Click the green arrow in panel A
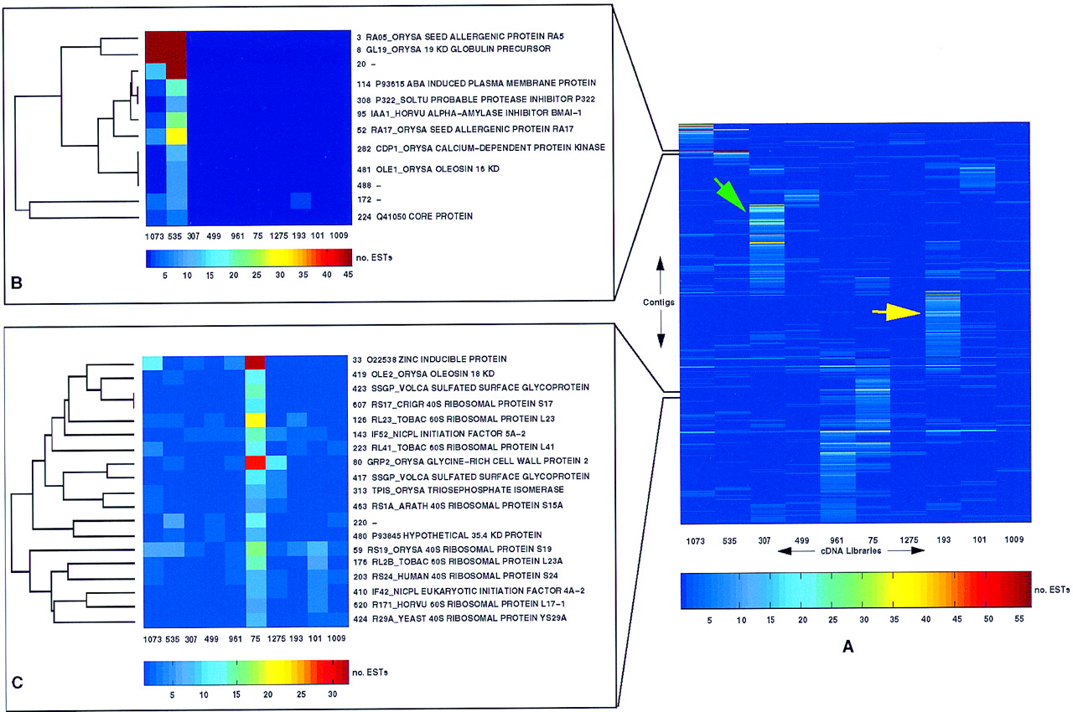[x=729, y=194]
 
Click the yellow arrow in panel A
[x=896, y=312]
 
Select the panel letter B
[x=17, y=283]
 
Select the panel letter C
[x=18, y=682]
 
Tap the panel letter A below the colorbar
[x=848, y=647]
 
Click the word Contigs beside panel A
[x=659, y=302]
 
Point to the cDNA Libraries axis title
[x=851, y=550]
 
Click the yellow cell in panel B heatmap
[x=176, y=136]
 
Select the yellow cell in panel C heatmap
[x=256, y=420]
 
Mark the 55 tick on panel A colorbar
[x=1019, y=619]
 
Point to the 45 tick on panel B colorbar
[x=348, y=275]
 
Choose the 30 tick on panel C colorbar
[x=333, y=694]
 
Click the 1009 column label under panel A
[x=1014, y=539]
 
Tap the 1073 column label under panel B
[x=154, y=236]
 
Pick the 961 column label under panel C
[x=236, y=639]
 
